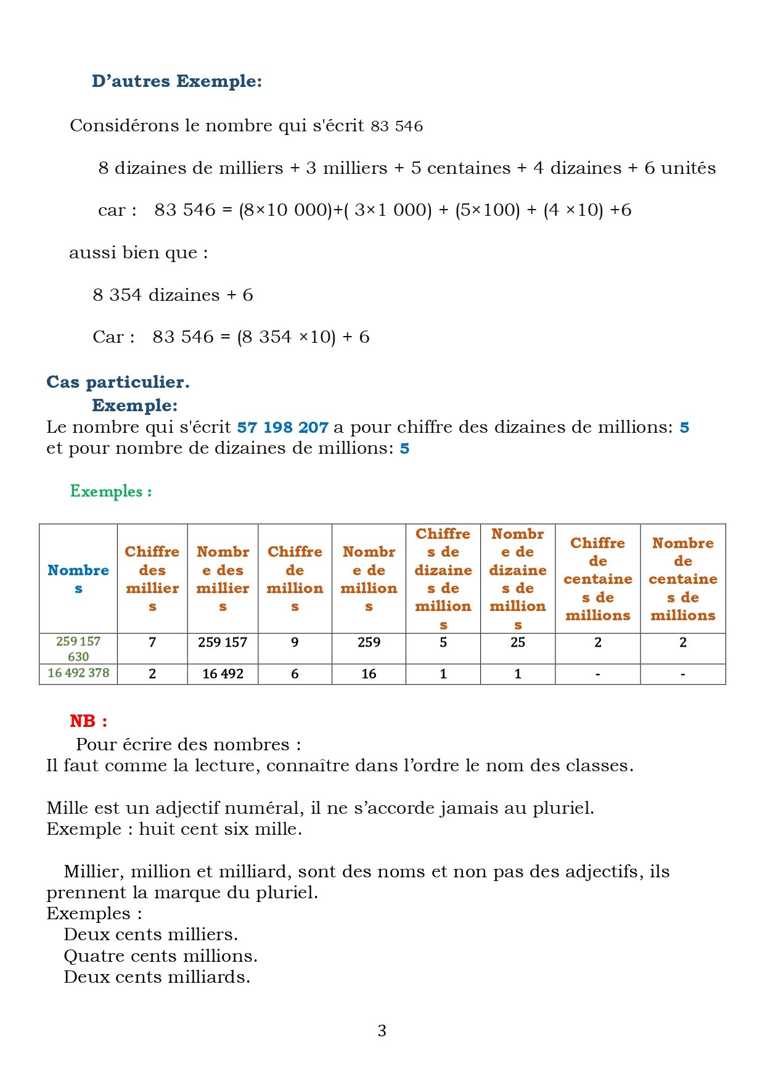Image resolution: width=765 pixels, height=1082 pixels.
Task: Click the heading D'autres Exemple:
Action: [x=176, y=81]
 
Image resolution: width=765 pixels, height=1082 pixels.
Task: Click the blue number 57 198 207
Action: [x=282, y=427]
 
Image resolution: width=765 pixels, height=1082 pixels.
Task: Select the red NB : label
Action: [x=88, y=721]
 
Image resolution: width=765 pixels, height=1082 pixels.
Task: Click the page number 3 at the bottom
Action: [x=382, y=1030]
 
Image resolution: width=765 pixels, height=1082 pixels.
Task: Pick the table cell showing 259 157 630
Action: [x=78, y=649]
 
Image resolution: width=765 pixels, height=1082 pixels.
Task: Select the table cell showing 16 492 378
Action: [x=78, y=673]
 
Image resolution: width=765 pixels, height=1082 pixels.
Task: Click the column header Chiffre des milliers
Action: [x=152, y=578]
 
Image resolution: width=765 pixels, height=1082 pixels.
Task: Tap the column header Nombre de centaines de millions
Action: [x=682, y=578]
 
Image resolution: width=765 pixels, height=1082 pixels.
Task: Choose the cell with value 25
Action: [x=517, y=642]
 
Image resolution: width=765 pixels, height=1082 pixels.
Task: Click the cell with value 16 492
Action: [x=223, y=674]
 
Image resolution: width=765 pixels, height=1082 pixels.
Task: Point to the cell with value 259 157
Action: [x=223, y=642]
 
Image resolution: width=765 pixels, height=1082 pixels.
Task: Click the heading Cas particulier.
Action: [x=118, y=382]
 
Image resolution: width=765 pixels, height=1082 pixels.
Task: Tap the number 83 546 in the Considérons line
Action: [x=396, y=126]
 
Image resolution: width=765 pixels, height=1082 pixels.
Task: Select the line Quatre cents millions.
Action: [x=160, y=956]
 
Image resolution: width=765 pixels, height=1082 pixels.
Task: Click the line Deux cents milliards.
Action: [x=157, y=977]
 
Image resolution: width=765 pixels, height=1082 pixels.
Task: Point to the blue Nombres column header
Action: [x=78, y=578]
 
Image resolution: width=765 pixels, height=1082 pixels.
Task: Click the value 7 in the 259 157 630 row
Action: [x=152, y=642]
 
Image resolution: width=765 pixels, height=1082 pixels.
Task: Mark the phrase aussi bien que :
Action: [x=138, y=253]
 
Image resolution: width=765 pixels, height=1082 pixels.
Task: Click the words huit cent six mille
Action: [x=220, y=829]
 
